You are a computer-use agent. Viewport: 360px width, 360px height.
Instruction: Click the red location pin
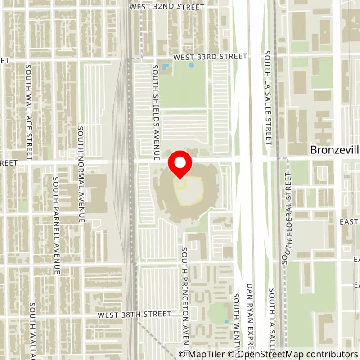point(180,164)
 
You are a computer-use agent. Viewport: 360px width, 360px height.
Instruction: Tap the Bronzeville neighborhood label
point(335,150)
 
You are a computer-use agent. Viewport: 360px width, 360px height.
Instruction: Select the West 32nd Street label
point(166,7)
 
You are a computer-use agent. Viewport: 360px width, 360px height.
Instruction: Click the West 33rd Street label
point(210,57)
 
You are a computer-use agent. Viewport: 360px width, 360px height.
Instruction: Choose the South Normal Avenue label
point(81,174)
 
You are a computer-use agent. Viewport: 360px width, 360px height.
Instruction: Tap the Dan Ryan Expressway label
point(250,319)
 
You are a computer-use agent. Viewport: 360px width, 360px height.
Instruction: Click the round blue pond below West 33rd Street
point(192,65)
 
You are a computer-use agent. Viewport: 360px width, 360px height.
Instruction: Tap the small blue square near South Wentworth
point(226,322)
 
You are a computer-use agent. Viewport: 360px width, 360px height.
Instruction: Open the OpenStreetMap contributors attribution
point(295,354)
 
